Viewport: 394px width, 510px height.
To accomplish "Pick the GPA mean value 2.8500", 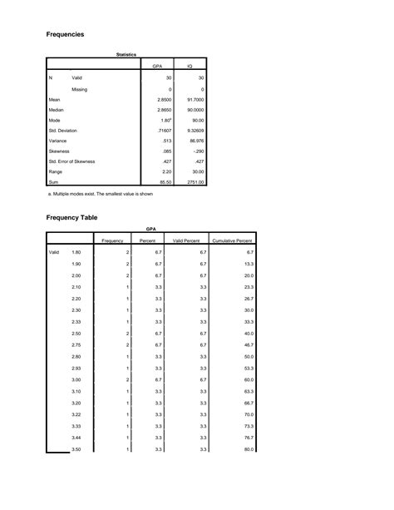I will [x=165, y=99].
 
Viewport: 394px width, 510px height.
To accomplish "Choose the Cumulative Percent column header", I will [x=232, y=240].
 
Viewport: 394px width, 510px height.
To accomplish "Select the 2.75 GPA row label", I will [x=76, y=344].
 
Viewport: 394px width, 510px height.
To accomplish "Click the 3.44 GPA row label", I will [x=76, y=437].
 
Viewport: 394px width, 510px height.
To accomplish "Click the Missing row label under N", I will [x=79, y=89].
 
